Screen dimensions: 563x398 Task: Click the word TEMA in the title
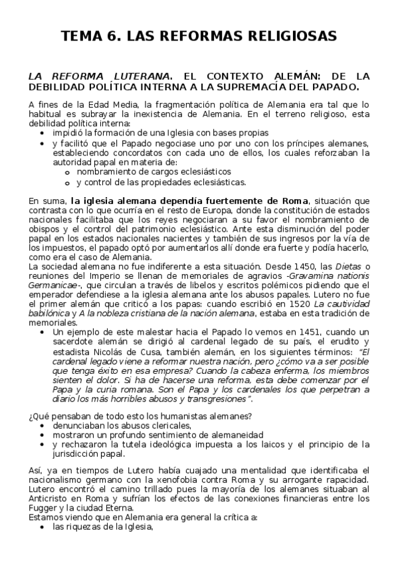[x=82, y=35]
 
